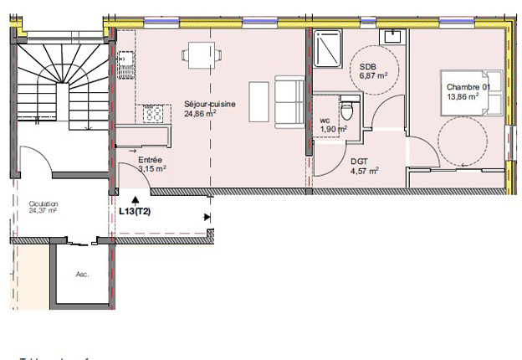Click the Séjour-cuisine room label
[209, 105]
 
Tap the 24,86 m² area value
[201, 114]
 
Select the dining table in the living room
[199, 56]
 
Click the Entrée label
[151, 159]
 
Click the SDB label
[367, 67]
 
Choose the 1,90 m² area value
[334, 129]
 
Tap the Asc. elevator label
[82, 274]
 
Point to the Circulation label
[43, 203]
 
